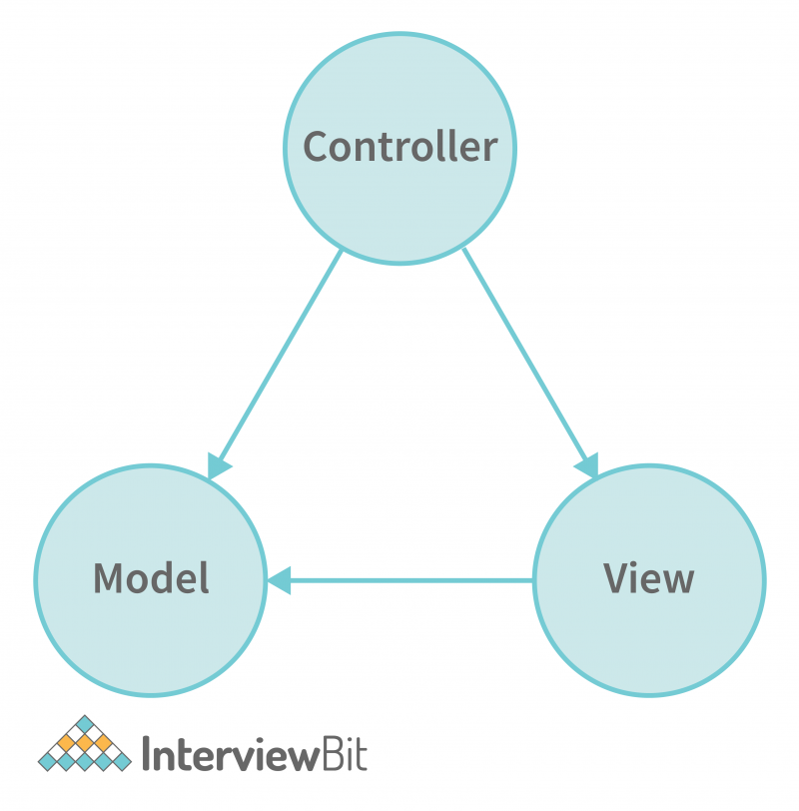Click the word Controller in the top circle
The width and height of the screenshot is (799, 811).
(399, 147)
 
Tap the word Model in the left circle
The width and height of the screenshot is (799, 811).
(151, 578)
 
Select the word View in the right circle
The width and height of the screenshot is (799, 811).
(649, 578)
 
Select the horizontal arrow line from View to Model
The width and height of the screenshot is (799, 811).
(409, 580)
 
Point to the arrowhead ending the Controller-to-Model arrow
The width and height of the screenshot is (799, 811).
(219, 465)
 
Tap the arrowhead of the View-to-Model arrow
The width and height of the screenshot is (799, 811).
(278, 580)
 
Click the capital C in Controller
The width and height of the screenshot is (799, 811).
(316, 147)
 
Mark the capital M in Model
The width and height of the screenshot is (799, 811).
(108, 578)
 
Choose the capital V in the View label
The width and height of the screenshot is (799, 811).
(615, 578)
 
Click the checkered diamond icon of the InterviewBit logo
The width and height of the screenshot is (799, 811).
(85, 745)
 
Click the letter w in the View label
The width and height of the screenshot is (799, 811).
(679, 580)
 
